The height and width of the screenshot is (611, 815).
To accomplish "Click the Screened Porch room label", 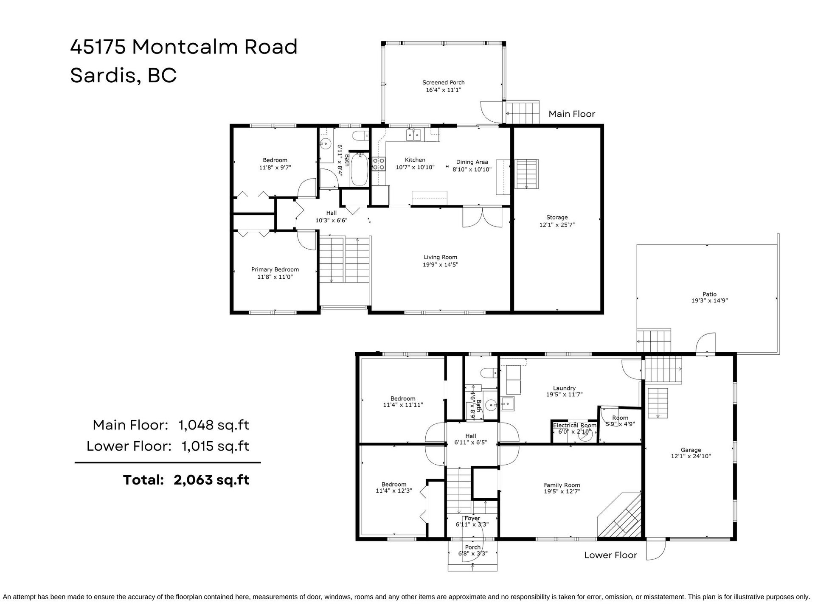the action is point(443,82).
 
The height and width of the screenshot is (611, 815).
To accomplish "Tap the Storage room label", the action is point(557,217).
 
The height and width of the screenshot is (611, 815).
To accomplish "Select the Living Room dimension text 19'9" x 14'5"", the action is point(440,265).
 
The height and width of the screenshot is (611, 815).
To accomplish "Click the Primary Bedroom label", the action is point(275,269).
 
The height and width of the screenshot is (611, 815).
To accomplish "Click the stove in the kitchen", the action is point(379,164).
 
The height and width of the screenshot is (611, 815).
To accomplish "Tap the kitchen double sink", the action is point(413,135).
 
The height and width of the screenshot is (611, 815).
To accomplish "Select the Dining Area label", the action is point(472,162).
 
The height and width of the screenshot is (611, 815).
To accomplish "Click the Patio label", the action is point(709,294).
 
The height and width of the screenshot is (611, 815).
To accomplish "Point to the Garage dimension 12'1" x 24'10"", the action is point(691,457).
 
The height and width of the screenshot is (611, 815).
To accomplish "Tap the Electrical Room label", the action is point(575,425).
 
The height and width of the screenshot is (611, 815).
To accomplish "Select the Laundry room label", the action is point(564,388).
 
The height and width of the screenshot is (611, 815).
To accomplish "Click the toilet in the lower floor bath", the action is point(489,373).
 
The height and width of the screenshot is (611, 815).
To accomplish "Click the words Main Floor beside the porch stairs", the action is point(572,114).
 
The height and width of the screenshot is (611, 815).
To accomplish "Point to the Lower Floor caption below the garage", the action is point(610,555).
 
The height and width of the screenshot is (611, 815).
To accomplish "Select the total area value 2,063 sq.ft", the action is point(211,480).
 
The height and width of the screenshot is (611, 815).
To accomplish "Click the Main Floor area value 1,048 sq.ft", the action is point(214,425).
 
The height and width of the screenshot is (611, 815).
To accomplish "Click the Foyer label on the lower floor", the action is point(472,518).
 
